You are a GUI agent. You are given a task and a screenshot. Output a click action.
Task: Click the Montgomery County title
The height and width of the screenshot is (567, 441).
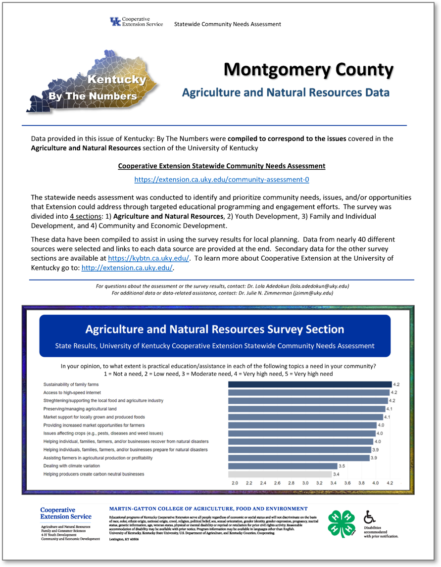[308, 70]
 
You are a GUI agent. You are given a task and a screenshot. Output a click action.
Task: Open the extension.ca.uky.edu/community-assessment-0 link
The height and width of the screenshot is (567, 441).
[222, 179]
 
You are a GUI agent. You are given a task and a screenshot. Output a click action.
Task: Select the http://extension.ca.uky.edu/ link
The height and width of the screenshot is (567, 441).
[127, 268]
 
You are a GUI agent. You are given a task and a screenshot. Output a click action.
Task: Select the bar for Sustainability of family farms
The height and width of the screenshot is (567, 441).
[309, 384]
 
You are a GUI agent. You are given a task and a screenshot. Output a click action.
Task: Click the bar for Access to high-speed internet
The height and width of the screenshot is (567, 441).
[308, 392]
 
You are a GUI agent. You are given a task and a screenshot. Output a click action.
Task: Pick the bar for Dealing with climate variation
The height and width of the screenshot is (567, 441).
[281, 466]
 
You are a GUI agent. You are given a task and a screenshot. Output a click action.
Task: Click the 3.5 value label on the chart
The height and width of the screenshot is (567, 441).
[342, 466]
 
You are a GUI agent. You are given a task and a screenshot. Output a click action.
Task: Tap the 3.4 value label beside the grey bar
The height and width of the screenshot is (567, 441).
[336, 474]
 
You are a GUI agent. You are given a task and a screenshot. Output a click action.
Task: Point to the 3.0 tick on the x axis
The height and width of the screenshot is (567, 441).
[305, 482]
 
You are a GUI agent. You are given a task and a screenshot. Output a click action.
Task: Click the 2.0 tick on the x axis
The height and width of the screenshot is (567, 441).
[235, 482]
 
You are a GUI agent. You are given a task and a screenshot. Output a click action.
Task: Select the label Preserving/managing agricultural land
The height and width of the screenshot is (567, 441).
[80, 409]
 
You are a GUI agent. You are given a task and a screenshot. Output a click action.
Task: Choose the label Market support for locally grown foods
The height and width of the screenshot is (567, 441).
[94, 417]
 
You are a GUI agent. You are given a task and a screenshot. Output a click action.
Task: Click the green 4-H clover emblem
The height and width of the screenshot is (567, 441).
[342, 523]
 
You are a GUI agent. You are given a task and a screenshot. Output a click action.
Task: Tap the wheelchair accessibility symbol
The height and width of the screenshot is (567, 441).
[370, 517]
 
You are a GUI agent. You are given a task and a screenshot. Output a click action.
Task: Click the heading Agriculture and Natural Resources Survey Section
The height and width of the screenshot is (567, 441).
[214, 329]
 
